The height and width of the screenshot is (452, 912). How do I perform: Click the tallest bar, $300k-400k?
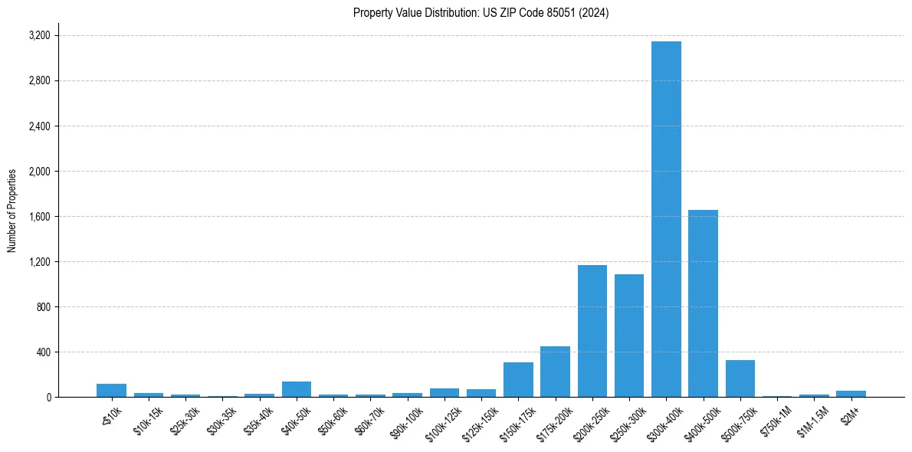point(666,219)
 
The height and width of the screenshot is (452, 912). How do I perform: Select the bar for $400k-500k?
point(703,303)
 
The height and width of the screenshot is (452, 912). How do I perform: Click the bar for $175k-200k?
point(555,372)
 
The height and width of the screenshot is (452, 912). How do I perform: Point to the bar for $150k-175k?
point(518,380)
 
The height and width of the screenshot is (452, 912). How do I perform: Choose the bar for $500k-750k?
point(740,378)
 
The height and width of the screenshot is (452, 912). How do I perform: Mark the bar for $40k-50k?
point(296,389)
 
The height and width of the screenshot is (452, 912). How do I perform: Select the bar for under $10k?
point(111,391)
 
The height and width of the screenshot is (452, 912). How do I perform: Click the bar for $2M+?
point(851,394)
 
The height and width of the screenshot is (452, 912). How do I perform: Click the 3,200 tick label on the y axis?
point(39,36)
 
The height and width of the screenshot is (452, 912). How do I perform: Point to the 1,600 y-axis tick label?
point(39,217)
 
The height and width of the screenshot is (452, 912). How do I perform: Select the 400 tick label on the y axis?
point(42,352)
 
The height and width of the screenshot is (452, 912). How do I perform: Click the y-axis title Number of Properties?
point(12,211)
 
